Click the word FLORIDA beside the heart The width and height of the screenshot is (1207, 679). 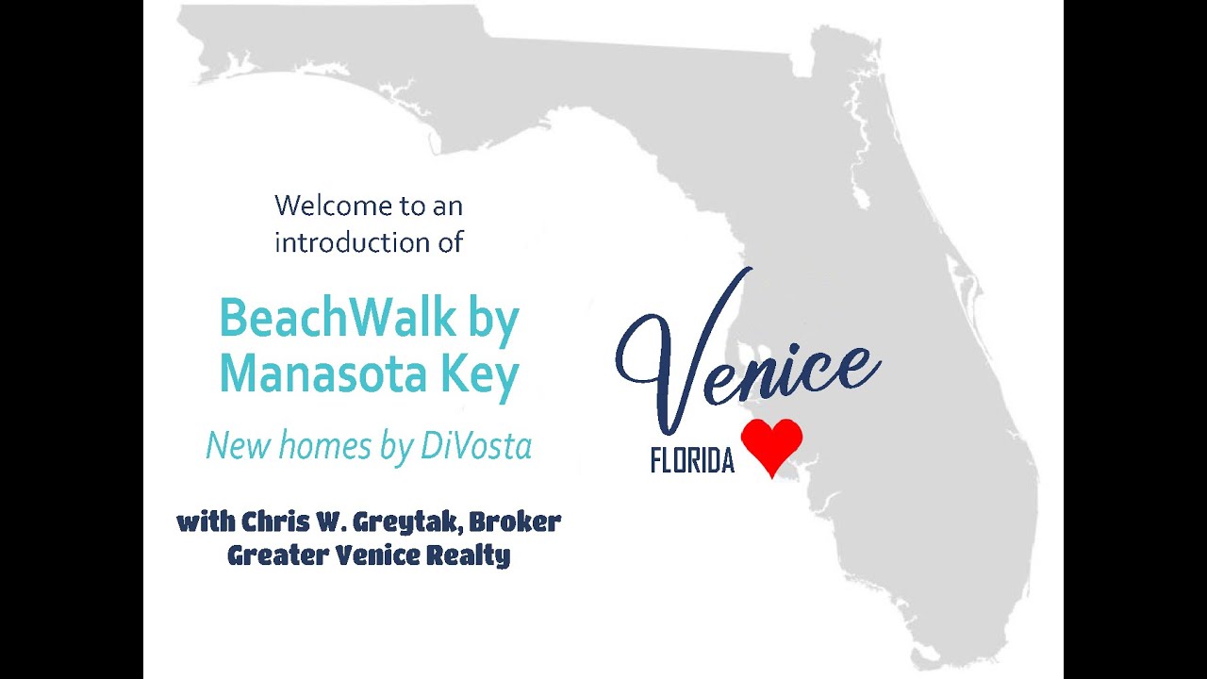click(x=692, y=461)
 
